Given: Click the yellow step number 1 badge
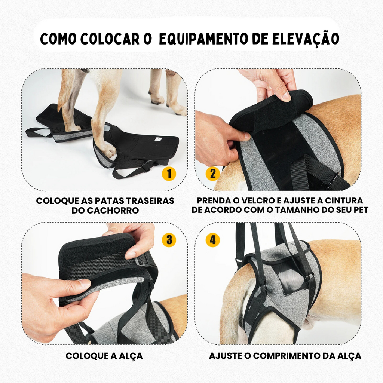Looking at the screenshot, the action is coord(169,174).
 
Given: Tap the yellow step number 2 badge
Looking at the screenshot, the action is coord(213,174).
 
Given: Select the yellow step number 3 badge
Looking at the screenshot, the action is coord(169,240).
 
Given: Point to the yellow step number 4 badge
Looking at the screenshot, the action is coord(213,240).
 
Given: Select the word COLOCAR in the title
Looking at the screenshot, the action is coord(110,39).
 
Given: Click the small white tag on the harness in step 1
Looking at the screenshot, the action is coord(157,139).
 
